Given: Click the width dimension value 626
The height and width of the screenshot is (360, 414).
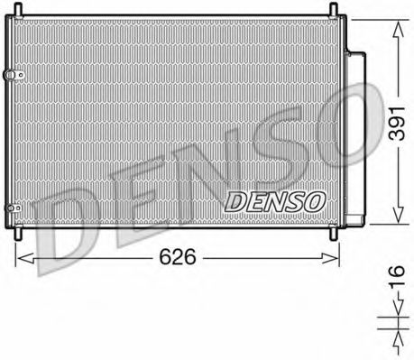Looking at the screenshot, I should tap(177, 258).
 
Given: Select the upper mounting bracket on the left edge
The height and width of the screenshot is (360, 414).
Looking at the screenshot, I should tap(11, 74).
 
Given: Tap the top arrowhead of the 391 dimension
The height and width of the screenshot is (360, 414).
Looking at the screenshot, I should tap(394, 22).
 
